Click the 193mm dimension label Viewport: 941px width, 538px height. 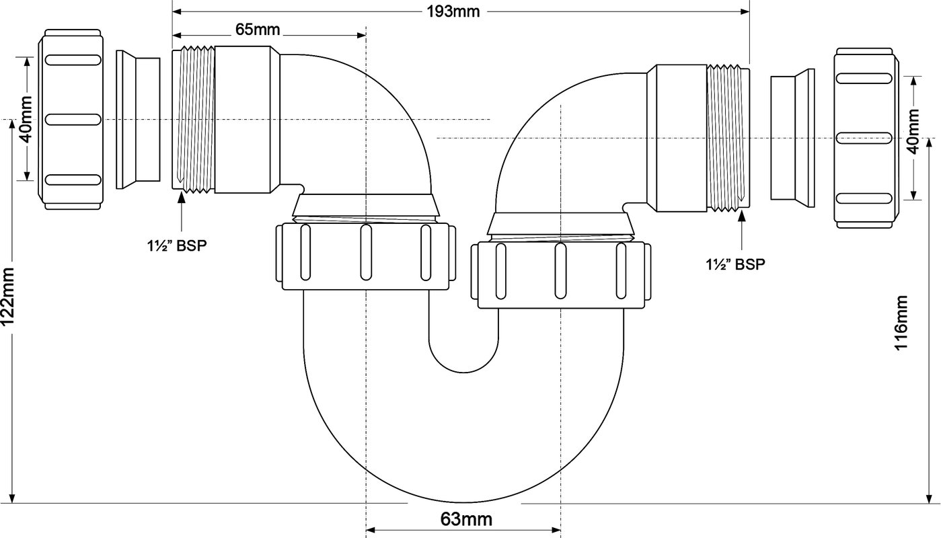(x=453, y=11)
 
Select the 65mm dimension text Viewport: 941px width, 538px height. (x=258, y=30)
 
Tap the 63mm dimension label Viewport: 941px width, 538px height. (x=466, y=520)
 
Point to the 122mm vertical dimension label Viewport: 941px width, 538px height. (x=8, y=296)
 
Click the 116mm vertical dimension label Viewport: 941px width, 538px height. (x=901, y=322)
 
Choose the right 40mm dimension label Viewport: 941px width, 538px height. (x=913, y=131)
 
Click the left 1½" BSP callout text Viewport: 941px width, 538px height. (x=177, y=245)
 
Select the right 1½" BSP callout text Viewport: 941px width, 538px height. (x=736, y=264)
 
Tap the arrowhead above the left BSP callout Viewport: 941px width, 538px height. (x=182, y=197)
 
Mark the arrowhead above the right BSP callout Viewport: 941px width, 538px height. (x=742, y=215)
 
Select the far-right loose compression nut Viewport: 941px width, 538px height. (x=866, y=138)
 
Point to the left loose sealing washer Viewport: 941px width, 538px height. (x=138, y=119)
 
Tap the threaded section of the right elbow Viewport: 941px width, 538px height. (x=728, y=138)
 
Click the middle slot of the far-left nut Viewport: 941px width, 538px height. (x=73, y=119)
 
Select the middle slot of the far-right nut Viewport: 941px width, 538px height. (x=864, y=138)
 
